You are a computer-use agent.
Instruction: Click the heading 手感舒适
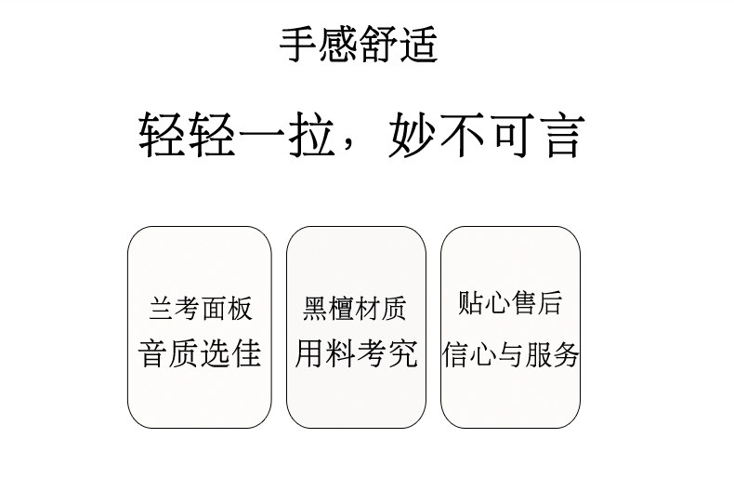(x=359, y=45)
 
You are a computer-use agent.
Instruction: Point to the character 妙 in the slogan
(x=412, y=136)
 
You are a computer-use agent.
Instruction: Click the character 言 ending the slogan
(x=560, y=136)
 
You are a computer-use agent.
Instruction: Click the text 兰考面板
(x=200, y=309)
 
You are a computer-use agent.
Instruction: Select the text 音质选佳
(x=200, y=353)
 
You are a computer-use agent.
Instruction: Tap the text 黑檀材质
(x=355, y=309)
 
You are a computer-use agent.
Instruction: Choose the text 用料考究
(x=356, y=353)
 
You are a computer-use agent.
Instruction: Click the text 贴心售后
(x=510, y=303)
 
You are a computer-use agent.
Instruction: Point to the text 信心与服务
(x=510, y=354)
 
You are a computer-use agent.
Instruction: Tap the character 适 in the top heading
(x=418, y=45)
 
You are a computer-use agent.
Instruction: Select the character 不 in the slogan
(x=462, y=136)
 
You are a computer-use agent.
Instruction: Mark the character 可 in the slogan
(x=511, y=136)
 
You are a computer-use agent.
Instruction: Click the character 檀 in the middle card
(x=342, y=309)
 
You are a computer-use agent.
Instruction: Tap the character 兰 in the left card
(x=162, y=309)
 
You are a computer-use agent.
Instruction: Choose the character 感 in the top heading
(x=338, y=45)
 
